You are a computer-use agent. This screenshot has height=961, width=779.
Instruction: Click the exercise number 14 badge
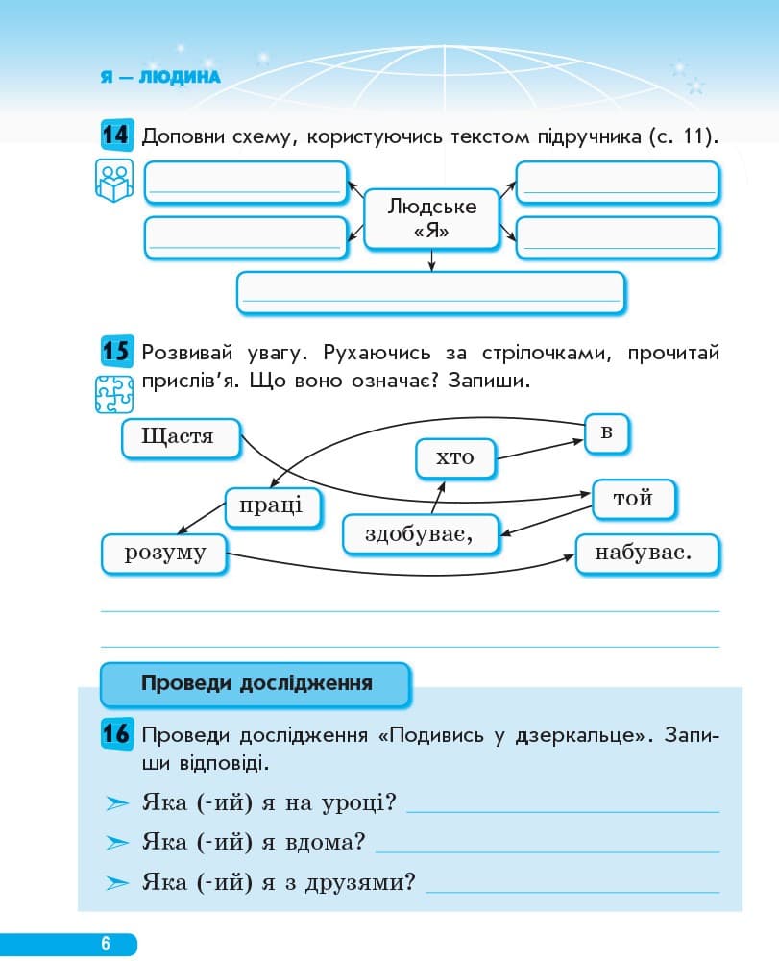[x=115, y=136]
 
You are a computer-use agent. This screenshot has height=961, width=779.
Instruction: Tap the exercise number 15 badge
[x=115, y=352]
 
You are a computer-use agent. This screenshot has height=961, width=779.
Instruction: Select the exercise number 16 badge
[x=115, y=736]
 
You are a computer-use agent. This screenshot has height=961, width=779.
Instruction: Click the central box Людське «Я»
[x=431, y=218]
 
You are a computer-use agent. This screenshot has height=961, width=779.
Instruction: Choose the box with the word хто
[x=456, y=457]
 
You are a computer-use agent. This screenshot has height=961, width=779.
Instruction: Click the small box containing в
[x=606, y=432]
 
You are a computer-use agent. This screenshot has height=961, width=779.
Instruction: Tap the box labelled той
[x=634, y=499]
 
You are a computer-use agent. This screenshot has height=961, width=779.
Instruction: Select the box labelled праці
[x=273, y=506]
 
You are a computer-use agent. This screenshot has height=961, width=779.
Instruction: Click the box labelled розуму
[x=165, y=554]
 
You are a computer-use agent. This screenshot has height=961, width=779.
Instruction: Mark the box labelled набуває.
[x=646, y=554]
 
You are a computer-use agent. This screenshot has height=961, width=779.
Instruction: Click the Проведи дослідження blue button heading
[x=256, y=684]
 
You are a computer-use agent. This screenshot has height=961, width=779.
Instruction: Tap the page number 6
[x=106, y=944]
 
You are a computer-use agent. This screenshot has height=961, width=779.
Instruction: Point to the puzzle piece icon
[x=114, y=395]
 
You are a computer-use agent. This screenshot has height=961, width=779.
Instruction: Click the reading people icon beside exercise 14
[x=113, y=181]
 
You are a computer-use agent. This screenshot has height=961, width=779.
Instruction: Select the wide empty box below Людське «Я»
[x=430, y=292]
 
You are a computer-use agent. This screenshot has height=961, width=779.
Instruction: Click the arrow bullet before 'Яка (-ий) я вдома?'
[x=117, y=843]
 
